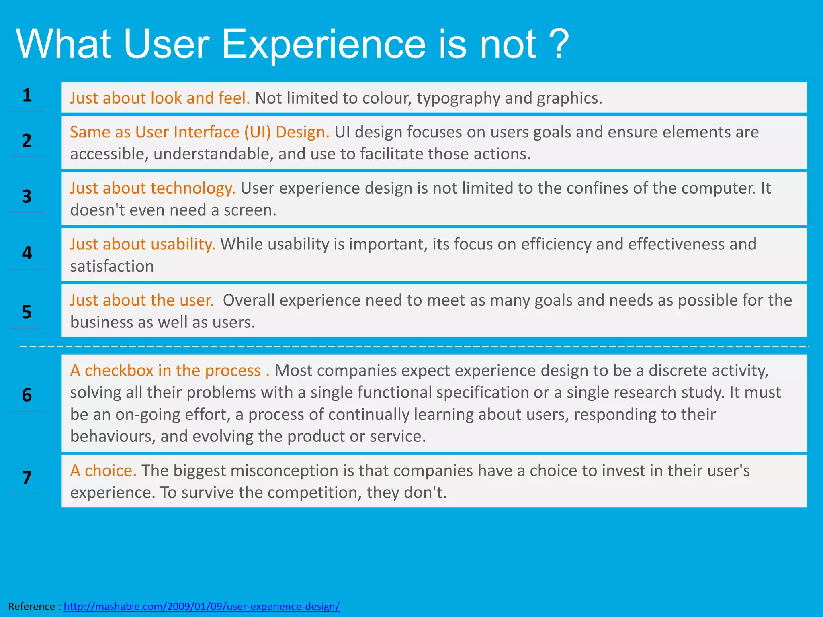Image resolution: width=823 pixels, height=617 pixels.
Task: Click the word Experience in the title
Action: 323,44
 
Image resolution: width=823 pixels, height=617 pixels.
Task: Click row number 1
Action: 27,96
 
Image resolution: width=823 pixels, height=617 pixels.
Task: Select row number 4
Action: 27,253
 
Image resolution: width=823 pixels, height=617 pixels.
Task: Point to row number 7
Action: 27,478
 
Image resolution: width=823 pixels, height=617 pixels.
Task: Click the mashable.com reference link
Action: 201,606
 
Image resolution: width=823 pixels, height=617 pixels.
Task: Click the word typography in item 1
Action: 458,98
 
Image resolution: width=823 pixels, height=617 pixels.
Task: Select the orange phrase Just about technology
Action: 153,188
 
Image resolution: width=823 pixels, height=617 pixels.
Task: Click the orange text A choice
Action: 103,470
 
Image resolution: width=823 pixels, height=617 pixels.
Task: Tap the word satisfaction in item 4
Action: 112,266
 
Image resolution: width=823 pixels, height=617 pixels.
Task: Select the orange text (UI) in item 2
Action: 258,132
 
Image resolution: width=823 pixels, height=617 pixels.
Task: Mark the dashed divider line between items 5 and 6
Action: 414,346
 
